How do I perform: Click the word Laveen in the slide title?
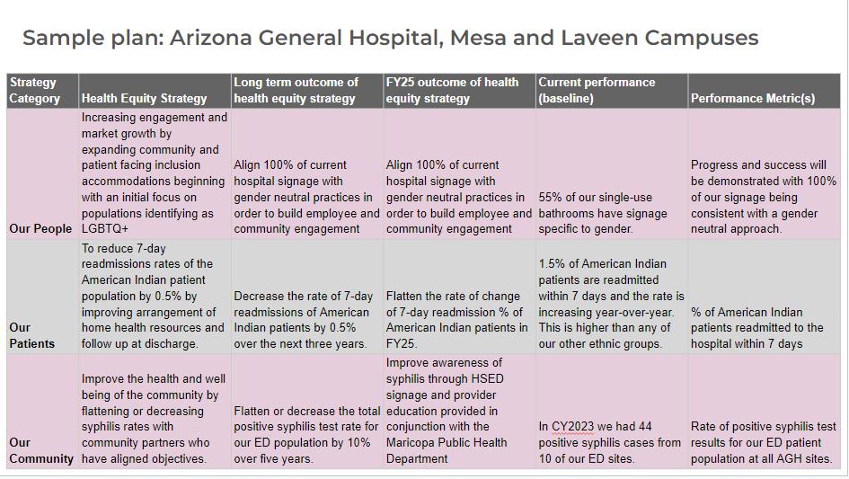600,38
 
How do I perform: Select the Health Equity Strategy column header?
144,98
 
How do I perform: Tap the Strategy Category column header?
35,90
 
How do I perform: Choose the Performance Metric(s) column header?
753,98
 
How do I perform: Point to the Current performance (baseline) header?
597,90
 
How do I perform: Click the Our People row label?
40,228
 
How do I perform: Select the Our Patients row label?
32,335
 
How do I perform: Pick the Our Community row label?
41,450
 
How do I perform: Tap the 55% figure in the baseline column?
551,197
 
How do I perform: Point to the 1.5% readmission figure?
553,263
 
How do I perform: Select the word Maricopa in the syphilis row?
414,442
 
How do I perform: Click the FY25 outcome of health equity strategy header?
453,90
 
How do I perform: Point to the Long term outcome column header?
296,90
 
